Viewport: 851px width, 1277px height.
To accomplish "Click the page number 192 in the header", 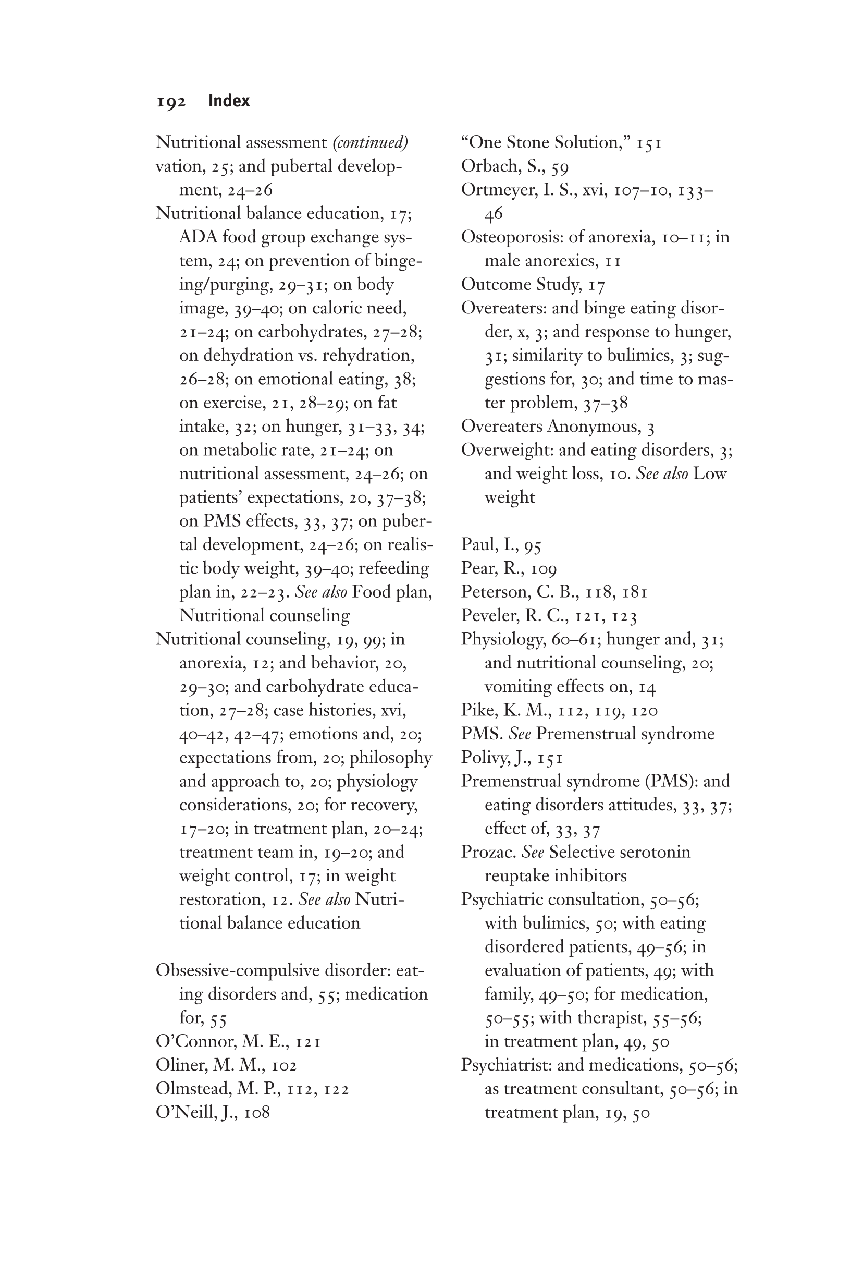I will [x=171, y=102].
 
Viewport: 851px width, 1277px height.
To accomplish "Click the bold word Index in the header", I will [x=228, y=101].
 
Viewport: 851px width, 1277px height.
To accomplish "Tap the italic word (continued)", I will [x=370, y=142].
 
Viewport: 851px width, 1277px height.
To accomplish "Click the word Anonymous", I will [x=593, y=426].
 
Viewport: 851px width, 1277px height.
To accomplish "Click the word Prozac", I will [x=488, y=852].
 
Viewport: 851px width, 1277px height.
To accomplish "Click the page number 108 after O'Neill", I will [x=257, y=1113].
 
